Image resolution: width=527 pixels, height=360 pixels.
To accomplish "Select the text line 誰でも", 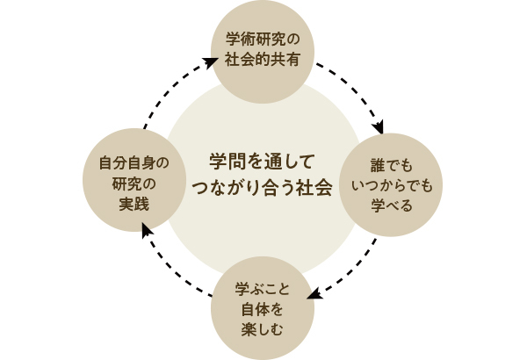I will [392, 166].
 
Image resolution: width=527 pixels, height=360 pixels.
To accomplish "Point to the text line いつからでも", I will [392, 186].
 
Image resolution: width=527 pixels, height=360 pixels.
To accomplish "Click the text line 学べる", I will [392, 206].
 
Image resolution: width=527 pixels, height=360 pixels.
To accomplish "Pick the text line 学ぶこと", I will [263, 290].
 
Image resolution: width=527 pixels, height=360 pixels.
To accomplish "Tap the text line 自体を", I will [263, 310].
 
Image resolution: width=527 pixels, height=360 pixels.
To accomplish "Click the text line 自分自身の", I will [134, 162].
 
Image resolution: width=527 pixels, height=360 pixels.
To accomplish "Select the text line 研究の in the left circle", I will [134, 184].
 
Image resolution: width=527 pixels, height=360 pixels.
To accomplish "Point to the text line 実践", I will [134, 205].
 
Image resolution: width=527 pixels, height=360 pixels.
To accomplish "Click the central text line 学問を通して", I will [261, 162].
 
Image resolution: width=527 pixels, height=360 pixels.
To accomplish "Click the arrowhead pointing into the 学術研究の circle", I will [211, 61].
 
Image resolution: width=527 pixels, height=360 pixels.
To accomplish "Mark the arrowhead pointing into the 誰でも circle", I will [378, 128].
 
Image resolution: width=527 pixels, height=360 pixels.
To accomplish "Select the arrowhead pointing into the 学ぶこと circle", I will [314, 294].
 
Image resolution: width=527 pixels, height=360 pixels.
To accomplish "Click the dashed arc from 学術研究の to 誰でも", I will [356, 88].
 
